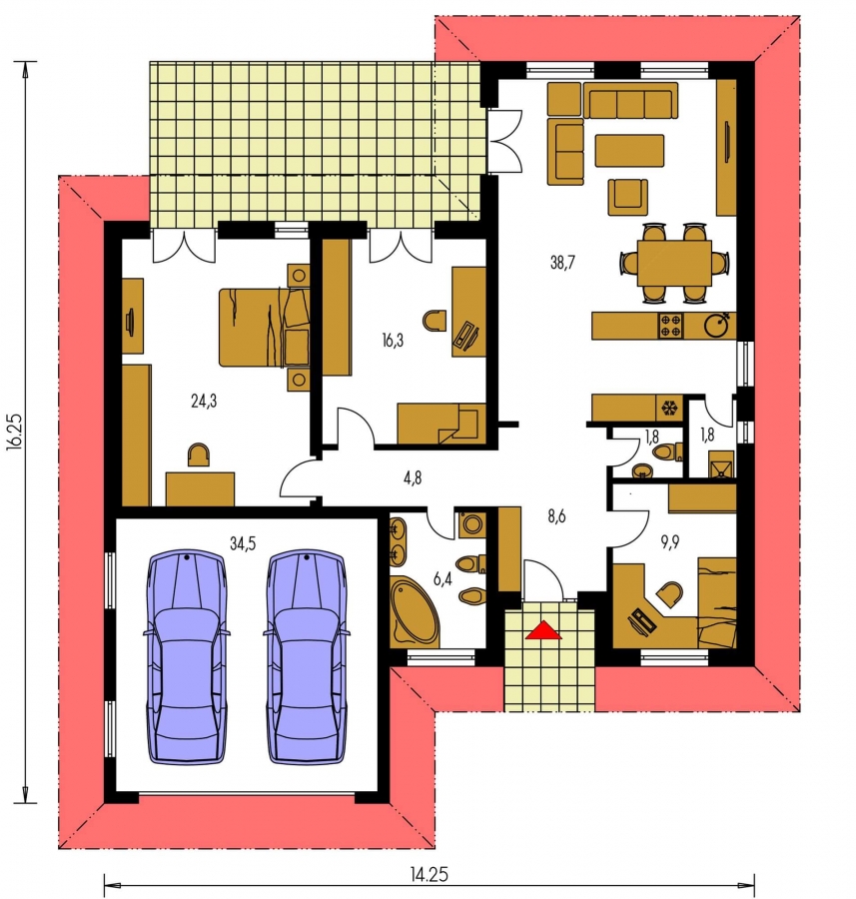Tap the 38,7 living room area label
coord(562,263)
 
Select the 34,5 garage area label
coord(243,543)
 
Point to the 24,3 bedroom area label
coord(204,401)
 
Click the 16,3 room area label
coord(393,341)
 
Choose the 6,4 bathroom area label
coord(442,579)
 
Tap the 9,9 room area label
coord(669,541)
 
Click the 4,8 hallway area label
coord(413,477)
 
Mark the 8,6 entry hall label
coord(556,516)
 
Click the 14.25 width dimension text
coord(428,875)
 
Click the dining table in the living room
coord(674,263)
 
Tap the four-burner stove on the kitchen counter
coord(671,326)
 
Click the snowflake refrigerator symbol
coord(668,409)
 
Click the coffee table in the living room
coord(629,150)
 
